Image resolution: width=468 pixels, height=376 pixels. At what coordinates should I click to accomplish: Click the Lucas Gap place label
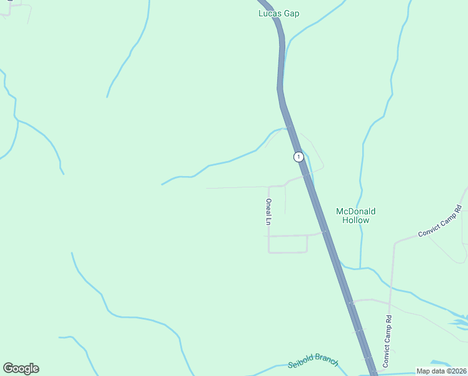(x=279, y=13)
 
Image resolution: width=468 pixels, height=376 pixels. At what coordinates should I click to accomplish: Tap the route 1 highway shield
(x=299, y=157)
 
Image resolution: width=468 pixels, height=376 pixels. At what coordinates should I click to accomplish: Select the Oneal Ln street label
(x=268, y=212)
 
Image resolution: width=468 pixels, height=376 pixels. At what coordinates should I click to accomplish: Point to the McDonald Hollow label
(x=356, y=216)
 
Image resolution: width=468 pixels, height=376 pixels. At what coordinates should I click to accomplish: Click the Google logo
(x=21, y=368)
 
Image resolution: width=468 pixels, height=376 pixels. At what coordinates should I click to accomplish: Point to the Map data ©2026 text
(x=442, y=371)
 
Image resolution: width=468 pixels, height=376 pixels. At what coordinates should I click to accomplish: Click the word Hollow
(x=356, y=220)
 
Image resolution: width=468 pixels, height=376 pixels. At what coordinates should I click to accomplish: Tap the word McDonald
(x=356, y=211)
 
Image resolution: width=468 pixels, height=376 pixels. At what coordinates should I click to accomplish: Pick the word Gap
(x=292, y=13)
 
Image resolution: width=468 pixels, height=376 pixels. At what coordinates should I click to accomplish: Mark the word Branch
(x=327, y=362)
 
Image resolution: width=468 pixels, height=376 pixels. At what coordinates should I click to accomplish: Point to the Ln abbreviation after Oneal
(x=268, y=221)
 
